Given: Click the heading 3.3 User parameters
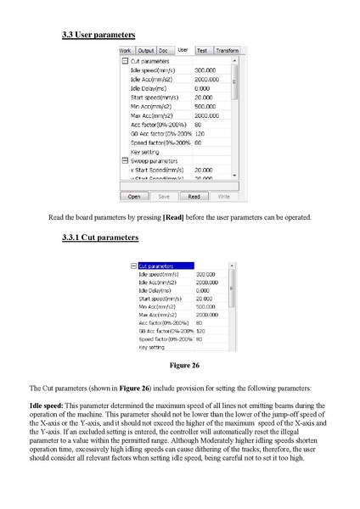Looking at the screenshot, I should pos(98,35).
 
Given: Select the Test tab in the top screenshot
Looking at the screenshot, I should pos(202,51).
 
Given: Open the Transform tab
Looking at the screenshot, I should pos(227,51).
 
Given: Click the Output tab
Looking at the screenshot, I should pos(146,51).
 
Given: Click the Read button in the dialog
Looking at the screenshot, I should pos(194,196).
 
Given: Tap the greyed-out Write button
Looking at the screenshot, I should pos(223,196).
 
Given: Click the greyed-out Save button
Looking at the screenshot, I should pos(163,196).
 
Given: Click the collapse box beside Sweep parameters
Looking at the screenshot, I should pos(124,160).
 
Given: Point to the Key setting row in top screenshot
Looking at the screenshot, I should pos(146,151).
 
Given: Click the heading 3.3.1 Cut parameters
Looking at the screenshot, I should pos(100,238).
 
